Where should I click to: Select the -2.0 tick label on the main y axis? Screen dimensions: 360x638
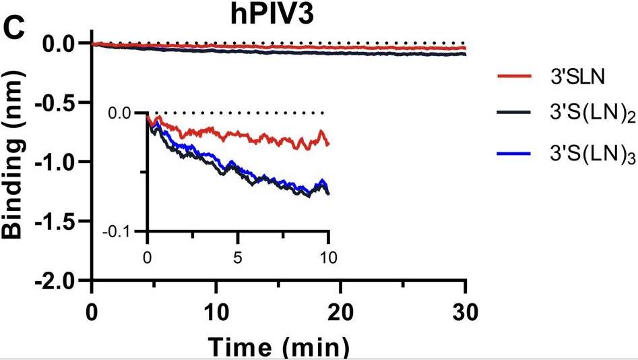tap(61, 280)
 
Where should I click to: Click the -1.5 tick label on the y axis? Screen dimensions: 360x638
tap(61, 221)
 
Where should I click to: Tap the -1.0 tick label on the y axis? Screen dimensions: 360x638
tap(61, 162)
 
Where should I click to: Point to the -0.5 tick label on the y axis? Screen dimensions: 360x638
tap(61, 102)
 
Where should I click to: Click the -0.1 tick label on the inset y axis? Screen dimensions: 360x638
tap(123, 231)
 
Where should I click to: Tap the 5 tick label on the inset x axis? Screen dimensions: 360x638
tap(237, 257)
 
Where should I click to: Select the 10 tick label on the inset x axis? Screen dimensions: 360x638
tap(328, 257)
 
